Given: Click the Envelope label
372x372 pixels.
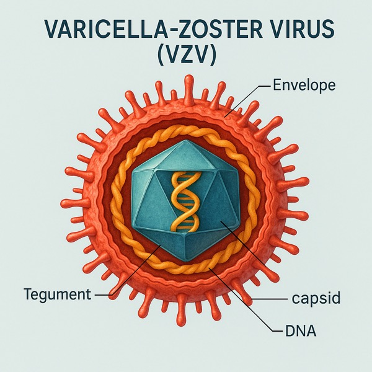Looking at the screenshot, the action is (x=304, y=85).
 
